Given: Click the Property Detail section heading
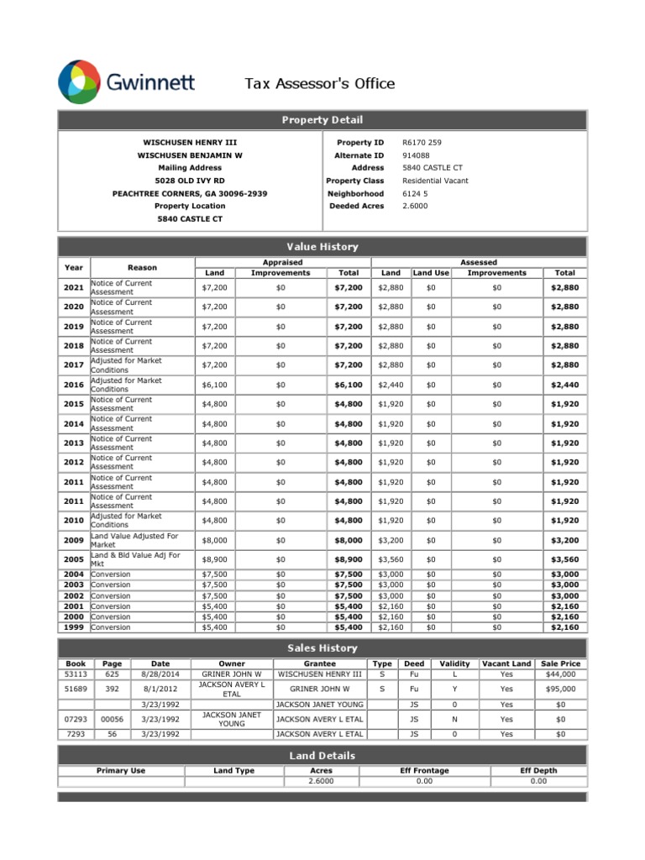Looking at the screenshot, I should [322, 121].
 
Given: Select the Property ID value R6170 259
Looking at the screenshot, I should [422, 143].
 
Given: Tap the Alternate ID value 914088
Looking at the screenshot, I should [416, 155].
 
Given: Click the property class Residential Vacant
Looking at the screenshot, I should [435, 181].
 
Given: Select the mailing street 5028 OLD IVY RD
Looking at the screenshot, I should [190, 181].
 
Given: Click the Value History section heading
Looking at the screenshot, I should [322, 247].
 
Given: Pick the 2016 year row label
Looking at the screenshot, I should [74, 385].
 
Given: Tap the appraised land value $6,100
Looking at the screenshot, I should [214, 385].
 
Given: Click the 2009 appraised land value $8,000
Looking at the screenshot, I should [214, 540].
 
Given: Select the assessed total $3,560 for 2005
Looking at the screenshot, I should [564, 559].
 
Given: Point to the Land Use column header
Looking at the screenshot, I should [431, 273].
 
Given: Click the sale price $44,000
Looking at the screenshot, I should [561, 674].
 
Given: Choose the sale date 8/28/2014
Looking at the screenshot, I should [160, 674].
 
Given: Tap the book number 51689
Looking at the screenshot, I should [76, 689].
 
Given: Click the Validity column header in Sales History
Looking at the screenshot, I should [454, 663].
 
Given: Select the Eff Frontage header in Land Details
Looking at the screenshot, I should [424, 770].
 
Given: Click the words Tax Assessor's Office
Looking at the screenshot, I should [318, 83].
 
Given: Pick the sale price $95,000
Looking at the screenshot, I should [561, 689].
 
